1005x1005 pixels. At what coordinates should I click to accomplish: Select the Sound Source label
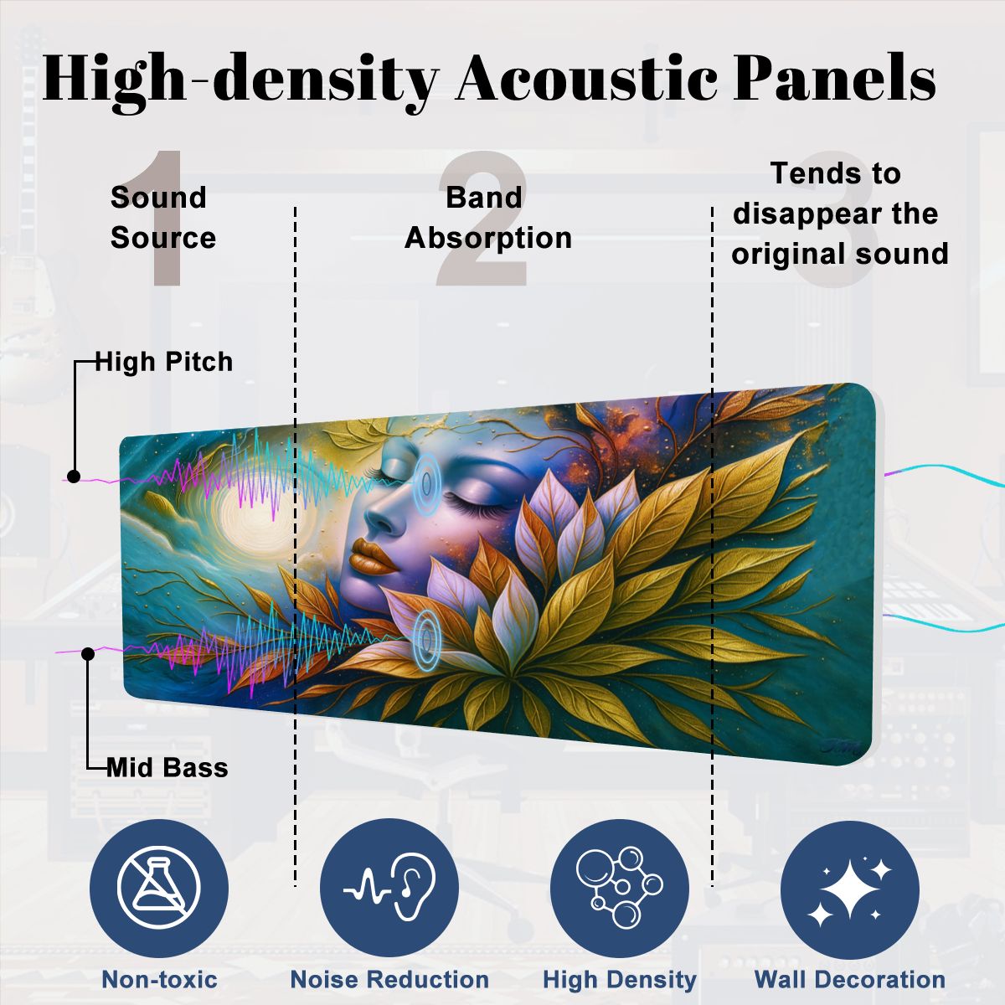[x=162, y=218]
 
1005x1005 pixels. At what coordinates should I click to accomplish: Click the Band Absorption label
[x=487, y=218]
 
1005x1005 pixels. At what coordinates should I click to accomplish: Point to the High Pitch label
[x=164, y=362]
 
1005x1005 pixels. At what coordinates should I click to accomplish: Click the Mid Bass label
[x=167, y=767]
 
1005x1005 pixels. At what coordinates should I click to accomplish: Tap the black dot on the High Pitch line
[x=74, y=477]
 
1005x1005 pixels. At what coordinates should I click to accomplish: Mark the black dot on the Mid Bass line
[x=88, y=653]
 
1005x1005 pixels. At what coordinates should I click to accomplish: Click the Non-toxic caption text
[x=159, y=979]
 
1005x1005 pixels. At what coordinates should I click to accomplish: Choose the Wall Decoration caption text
[x=849, y=979]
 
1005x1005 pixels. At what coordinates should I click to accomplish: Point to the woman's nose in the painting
[x=381, y=515]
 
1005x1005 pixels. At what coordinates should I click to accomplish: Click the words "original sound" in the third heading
[x=839, y=253]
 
